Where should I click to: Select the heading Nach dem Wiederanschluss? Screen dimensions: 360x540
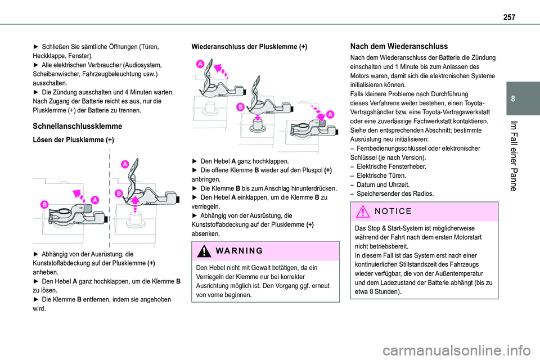pyautogui.click(x=399, y=47)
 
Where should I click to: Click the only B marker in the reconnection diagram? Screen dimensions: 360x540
pyautogui.click(x=240, y=106)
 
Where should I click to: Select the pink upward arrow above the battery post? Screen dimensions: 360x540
pyautogui.click(x=135, y=201)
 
